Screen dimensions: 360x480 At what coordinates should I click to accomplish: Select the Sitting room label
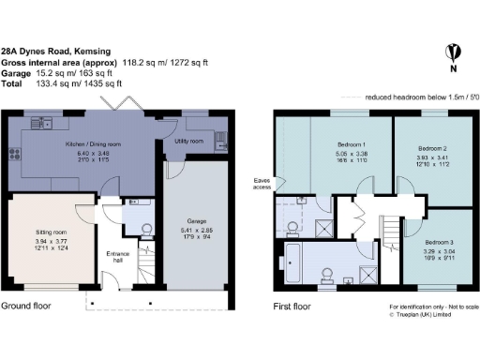click(41, 229)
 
